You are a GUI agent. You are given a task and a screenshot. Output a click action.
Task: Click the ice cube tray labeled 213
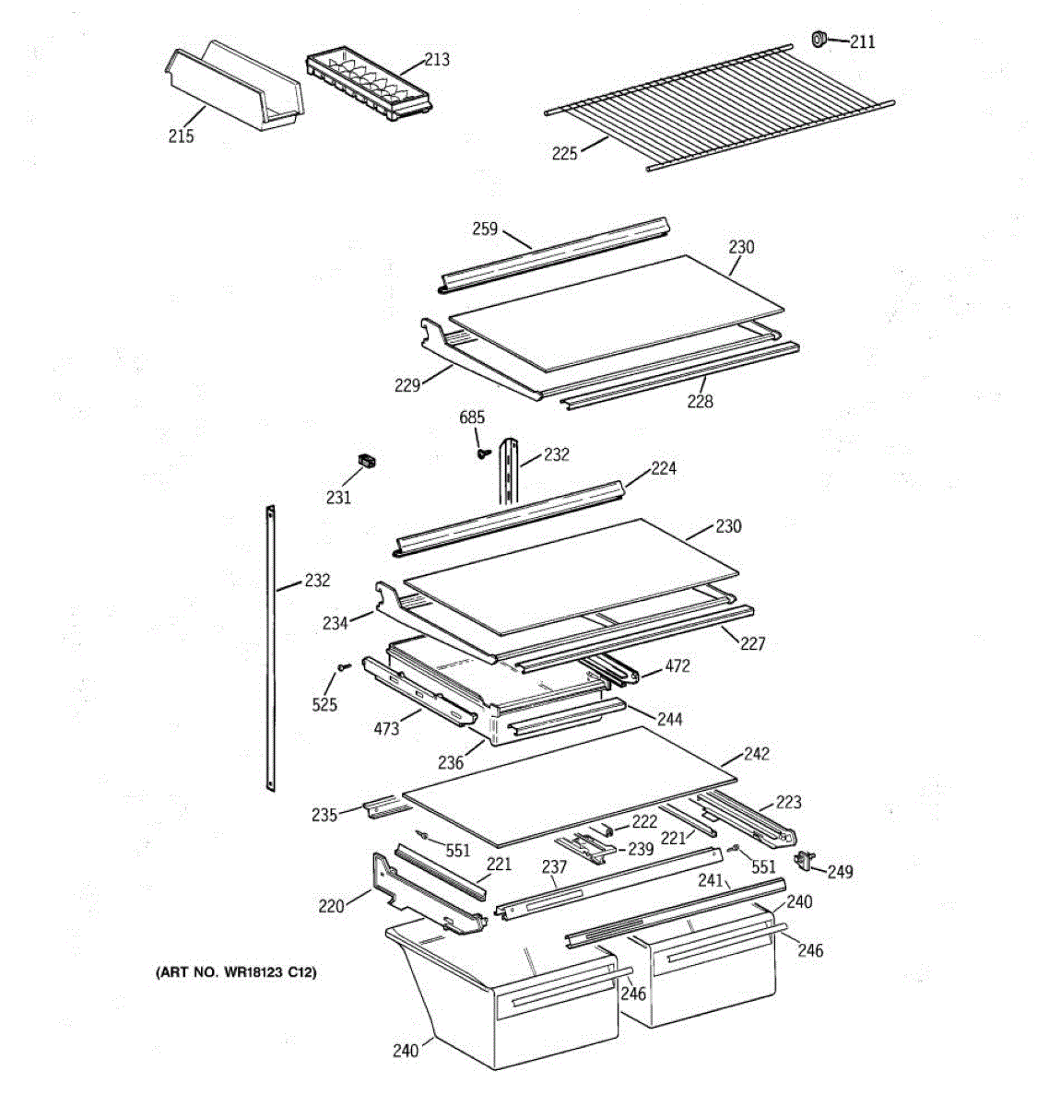(367, 85)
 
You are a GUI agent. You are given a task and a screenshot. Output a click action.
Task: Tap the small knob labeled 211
(818, 39)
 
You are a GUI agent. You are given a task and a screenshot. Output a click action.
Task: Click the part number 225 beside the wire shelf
(565, 153)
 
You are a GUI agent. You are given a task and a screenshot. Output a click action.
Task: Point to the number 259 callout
(485, 229)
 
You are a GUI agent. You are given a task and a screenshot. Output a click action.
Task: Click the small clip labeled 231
(368, 462)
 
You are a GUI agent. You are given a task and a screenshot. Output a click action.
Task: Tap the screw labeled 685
(481, 452)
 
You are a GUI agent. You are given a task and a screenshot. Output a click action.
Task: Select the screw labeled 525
(343, 666)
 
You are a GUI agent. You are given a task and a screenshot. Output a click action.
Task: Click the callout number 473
(386, 728)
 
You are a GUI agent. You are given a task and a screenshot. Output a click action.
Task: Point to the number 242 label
(756, 753)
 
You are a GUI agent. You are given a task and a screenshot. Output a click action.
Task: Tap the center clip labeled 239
(583, 846)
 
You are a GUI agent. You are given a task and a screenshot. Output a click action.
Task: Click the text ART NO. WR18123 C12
(236, 972)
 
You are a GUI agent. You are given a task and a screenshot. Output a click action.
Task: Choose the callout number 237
(554, 866)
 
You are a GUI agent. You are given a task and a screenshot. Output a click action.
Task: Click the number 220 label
(331, 906)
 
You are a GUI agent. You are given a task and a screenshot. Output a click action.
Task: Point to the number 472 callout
(678, 665)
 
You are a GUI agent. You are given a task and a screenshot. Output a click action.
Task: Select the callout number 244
(670, 718)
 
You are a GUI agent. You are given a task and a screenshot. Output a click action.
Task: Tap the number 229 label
(407, 385)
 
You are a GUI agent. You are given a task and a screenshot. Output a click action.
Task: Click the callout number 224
(664, 468)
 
